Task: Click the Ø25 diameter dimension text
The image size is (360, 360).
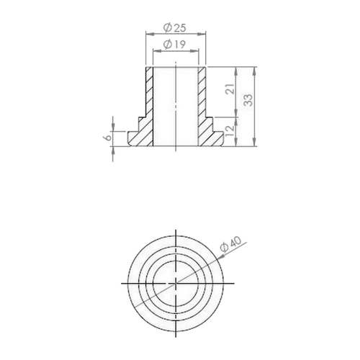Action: tap(174, 27)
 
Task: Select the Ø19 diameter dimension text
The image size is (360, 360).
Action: tap(174, 44)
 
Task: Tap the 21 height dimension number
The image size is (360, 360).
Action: tap(230, 89)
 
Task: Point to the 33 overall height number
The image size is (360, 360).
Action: tap(248, 100)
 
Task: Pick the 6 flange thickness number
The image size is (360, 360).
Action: tap(108, 138)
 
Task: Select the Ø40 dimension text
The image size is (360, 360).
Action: tap(231, 244)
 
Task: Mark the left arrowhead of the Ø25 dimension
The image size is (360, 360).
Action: tap(149, 34)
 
